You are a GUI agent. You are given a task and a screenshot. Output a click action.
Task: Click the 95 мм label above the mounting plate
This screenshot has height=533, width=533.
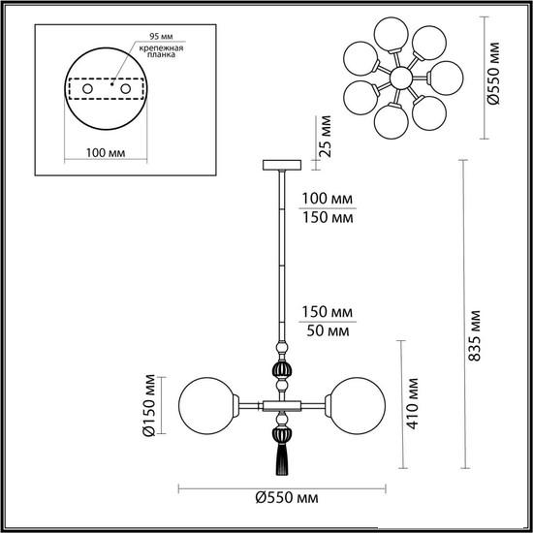point(161,37)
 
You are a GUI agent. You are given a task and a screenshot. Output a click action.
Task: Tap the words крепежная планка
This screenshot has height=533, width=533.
point(161,51)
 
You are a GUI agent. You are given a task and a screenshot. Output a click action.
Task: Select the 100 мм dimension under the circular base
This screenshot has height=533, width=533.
point(106,153)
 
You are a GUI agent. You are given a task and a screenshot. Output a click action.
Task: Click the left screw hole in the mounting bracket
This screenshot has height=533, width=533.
point(87,89)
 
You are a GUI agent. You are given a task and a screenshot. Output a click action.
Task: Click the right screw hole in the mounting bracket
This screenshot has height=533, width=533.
point(125,89)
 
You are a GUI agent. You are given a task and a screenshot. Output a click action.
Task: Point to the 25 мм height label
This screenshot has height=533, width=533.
point(326,137)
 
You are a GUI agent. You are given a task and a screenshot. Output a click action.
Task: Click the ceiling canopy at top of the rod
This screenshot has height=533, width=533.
point(282,165)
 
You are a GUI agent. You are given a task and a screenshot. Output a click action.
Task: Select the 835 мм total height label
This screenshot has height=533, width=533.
point(475,335)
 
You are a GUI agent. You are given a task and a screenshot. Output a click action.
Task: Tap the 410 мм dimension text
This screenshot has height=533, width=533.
point(412,403)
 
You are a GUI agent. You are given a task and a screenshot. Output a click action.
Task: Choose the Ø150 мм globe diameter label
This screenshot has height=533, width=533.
point(149,405)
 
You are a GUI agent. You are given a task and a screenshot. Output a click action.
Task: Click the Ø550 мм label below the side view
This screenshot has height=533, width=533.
point(287,498)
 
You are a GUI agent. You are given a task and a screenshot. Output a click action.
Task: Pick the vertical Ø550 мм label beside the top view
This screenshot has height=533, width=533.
point(493,73)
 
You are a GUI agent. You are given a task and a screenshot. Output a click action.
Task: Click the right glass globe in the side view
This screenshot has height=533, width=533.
point(358,405)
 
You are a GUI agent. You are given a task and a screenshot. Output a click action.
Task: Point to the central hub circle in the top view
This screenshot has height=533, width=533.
point(401,78)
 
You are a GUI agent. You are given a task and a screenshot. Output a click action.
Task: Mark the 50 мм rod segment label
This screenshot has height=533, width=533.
point(328,330)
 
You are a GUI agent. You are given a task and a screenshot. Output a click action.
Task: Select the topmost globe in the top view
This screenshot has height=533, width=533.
point(391,34)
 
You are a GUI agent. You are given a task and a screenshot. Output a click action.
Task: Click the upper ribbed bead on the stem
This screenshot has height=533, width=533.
point(282,370)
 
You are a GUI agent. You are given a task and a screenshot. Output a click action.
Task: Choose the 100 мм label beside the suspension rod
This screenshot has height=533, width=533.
point(328,199)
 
